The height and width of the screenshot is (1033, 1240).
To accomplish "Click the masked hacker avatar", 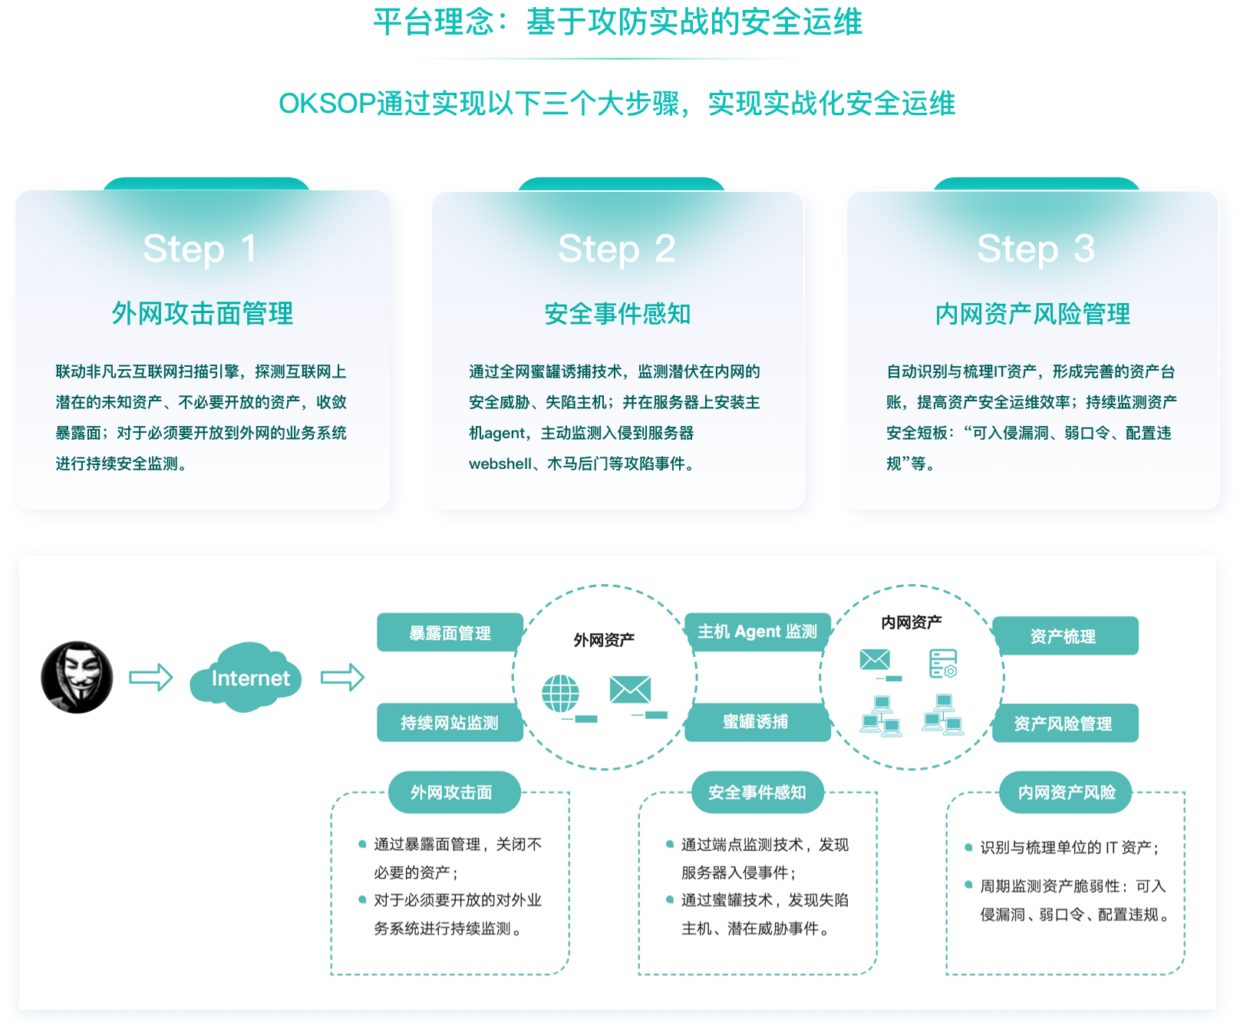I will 77,677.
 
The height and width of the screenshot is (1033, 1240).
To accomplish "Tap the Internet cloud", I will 246,678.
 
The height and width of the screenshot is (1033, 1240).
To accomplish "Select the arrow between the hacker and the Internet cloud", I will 150,677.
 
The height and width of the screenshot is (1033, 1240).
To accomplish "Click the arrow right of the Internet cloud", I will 342,677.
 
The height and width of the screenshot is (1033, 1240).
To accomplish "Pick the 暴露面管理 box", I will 450,633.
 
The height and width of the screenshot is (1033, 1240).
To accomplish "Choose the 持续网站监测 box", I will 450,723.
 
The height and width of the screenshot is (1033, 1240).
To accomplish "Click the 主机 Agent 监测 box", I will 757,632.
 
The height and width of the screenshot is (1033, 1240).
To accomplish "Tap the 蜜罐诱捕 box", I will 757,722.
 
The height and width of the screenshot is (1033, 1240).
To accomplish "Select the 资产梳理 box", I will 1064,636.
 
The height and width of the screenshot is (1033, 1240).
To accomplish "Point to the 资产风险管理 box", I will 1064,724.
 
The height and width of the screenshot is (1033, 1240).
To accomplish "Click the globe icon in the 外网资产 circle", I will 561,693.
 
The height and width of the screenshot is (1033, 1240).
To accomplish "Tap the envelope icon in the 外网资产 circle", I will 630,690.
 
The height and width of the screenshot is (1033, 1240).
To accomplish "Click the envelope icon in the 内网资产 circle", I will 875,659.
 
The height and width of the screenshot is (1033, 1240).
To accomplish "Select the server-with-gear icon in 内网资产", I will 943,663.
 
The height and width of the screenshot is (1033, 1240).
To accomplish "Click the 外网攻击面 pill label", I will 451,793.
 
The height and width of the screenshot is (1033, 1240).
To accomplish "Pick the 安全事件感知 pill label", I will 757,793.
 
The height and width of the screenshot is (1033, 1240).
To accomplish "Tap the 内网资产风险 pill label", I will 1066,793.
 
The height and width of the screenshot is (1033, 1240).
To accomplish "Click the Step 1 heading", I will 200,249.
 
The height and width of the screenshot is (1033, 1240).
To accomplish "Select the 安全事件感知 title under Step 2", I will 618,314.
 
